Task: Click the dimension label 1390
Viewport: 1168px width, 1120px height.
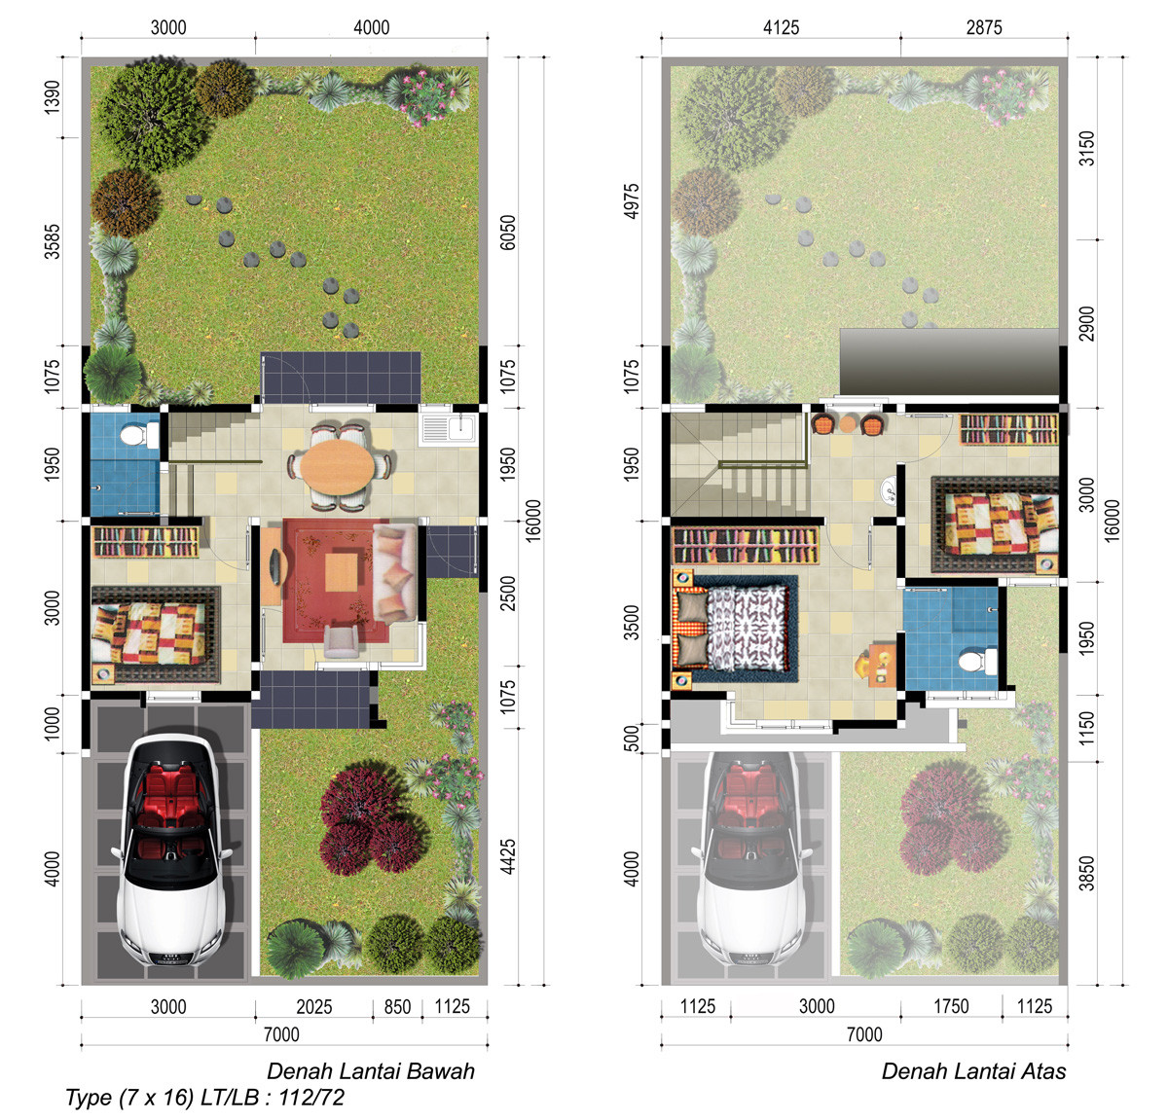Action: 53,96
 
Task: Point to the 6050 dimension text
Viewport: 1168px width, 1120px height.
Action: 508,233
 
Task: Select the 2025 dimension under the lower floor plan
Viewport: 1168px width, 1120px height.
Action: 314,1007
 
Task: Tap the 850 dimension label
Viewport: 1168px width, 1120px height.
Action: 397,1007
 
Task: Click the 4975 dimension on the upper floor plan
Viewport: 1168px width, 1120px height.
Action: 632,201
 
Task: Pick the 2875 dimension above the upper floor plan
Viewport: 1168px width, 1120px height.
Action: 984,27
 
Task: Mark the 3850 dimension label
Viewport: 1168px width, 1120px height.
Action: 1087,874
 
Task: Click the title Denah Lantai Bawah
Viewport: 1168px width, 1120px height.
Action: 370,1070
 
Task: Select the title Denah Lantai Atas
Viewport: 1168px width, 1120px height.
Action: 973,1070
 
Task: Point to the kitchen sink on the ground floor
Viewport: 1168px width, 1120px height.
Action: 449,429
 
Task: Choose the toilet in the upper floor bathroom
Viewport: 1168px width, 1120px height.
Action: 976,661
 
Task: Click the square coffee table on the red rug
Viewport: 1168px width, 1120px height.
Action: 342,572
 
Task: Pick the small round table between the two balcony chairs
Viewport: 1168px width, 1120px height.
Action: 847,424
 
